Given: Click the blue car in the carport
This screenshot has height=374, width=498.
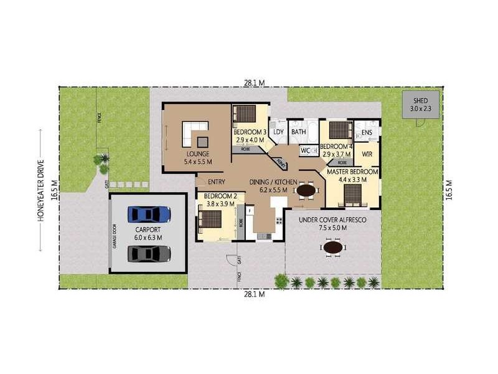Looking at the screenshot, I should (149, 215).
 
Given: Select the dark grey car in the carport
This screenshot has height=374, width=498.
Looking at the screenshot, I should (149, 254).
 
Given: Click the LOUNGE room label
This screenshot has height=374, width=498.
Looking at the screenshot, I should (197, 153).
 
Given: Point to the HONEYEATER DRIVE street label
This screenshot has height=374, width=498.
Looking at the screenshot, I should (40, 191).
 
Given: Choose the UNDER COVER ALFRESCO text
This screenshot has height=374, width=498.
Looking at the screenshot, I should (332, 220).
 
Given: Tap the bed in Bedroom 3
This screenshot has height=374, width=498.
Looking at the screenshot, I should (245, 114).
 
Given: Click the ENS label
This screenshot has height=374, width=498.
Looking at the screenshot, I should (367, 132).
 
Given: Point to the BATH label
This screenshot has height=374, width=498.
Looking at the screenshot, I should (299, 132).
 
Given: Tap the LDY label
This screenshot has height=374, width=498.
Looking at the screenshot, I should (278, 132).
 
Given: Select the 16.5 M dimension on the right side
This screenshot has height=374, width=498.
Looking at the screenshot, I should (449, 188).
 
